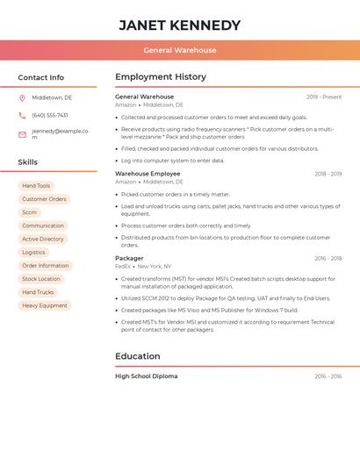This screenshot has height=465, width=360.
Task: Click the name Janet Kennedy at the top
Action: pos(179,25)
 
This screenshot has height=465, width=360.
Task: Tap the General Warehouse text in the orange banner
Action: pos(179,51)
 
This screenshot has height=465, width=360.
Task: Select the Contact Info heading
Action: pos(41,77)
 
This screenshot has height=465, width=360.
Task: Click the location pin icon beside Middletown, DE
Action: pos(22,97)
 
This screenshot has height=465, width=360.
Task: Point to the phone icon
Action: pos(22,115)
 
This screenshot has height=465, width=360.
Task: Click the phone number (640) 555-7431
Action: pos(50,115)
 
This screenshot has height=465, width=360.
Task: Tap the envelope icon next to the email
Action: pos(22,134)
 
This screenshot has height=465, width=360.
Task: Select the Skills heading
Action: pos(28,162)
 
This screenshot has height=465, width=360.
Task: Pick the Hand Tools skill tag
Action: pos(36,186)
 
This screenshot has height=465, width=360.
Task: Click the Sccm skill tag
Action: pos(30,212)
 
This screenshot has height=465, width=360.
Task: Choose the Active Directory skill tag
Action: pos(43,239)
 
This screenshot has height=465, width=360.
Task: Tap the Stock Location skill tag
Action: pos(41,279)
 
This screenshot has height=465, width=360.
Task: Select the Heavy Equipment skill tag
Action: pos(45,305)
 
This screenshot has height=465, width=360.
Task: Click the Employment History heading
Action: pos(161,77)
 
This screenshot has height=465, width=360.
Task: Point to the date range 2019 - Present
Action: pos(324,97)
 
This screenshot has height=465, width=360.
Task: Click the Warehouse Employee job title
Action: pos(148,174)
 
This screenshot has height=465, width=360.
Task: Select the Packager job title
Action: pos(129,258)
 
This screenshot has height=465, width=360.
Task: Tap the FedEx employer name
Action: pos(123,266)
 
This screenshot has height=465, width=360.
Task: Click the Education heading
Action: pos(138,356)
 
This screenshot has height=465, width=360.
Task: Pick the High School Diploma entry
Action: pos(147,376)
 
